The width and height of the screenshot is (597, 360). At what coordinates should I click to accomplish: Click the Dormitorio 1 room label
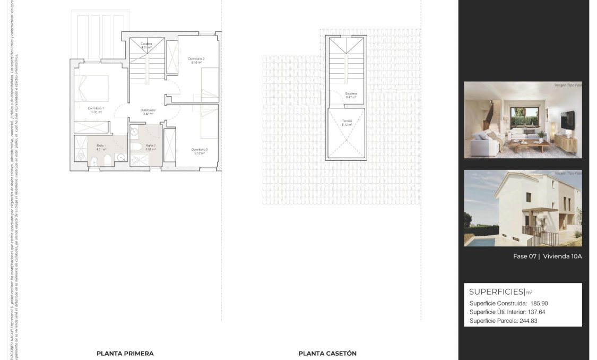pyautogui.click(x=96, y=108)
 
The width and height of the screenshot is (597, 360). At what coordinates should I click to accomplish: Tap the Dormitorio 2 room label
pyautogui.click(x=196, y=58)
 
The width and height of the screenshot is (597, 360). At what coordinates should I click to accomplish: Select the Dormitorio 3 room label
pyautogui.click(x=200, y=150)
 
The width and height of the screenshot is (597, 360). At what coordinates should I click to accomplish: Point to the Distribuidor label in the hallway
pyautogui.click(x=148, y=110)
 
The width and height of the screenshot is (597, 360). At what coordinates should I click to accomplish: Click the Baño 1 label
pyautogui.click(x=101, y=145)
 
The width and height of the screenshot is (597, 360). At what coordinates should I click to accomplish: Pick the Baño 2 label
pyautogui.click(x=150, y=145)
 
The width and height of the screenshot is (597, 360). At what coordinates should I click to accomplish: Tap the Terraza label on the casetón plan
pyautogui.click(x=347, y=121)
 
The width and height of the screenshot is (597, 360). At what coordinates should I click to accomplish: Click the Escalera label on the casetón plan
pyautogui.click(x=350, y=94)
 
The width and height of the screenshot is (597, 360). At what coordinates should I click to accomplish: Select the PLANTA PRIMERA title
pyautogui.click(x=125, y=353)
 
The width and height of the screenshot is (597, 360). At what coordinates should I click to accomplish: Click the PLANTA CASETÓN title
pyautogui.click(x=327, y=353)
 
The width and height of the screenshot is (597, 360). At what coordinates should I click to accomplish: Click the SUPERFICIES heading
pyautogui.click(x=496, y=292)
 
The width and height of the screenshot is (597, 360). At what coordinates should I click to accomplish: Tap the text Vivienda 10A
pyautogui.click(x=563, y=256)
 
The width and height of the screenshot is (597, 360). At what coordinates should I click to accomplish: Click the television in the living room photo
pyautogui.click(x=568, y=121)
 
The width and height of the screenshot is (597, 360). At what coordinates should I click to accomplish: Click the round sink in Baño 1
pyautogui.click(x=121, y=157)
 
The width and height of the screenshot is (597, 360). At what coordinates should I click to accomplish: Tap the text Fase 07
pyautogui.click(x=525, y=256)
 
